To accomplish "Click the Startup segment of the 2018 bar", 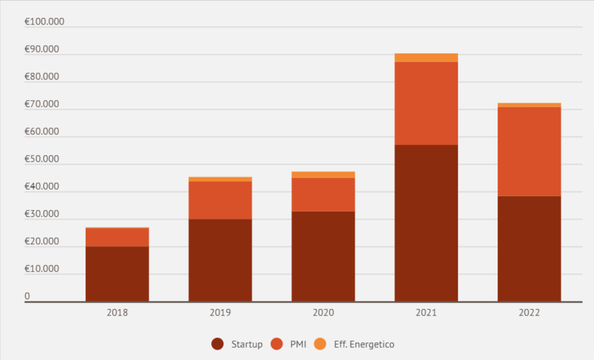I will pos(117,273).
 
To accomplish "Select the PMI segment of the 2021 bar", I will pos(426,103).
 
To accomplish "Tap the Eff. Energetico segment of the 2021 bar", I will pos(426,58).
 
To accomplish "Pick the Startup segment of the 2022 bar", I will pos(529,248).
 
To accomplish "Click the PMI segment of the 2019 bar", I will pos(220,200).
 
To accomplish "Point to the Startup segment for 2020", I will pos(323,256).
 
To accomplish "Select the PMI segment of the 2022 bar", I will pos(529,151).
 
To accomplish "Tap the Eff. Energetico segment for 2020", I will pos(323,175).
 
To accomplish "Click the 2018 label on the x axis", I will pos(117,313).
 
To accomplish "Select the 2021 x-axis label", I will pos(426,313).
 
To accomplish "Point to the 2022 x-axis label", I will pos(529,313).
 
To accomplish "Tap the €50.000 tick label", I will pos(42,159).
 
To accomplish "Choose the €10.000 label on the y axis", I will pos(42,269).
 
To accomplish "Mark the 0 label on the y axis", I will pos(27,297).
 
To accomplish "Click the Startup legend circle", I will pos(217,344).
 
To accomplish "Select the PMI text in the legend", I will pos(298,344).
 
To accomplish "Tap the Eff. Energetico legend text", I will pos(364,344).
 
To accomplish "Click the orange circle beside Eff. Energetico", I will pos(320,344).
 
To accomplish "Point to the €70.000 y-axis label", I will pos(42,104).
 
